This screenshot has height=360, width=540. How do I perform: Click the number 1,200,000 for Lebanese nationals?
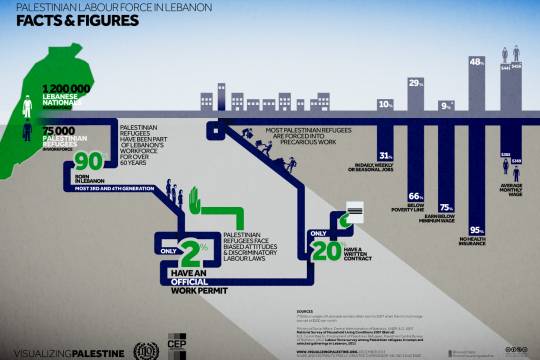(x=66, y=88)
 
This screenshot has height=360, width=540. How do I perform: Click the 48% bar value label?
(x=477, y=62)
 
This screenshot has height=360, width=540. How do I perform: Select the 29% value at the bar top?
(x=415, y=83)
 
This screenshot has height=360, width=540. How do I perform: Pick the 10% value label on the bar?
(x=385, y=104)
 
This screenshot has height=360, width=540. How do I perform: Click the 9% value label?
(x=446, y=104)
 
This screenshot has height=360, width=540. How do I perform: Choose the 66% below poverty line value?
(x=415, y=196)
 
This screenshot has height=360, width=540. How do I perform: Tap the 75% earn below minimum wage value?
(x=446, y=207)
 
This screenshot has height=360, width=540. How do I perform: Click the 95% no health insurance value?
(x=477, y=231)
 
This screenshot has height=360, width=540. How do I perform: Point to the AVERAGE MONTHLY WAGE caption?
(x=510, y=190)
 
